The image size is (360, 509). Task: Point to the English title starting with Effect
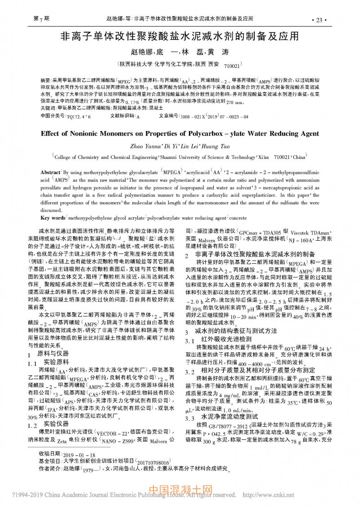pyautogui.click(x=180, y=133)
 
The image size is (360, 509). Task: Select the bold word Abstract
pyautogui.click(x=50, y=173)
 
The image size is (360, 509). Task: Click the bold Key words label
pyautogui.click(x=53, y=218)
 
